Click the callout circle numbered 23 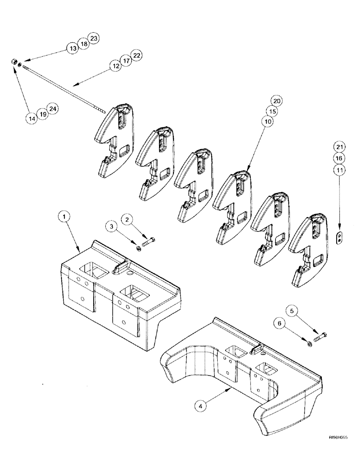tap(93, 39)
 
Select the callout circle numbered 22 tap(137, 55)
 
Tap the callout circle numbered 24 tap(53, 110)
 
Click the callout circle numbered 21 tap(339, 148)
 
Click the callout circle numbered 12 tap(115, 67)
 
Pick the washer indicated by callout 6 tap(310, 344)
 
